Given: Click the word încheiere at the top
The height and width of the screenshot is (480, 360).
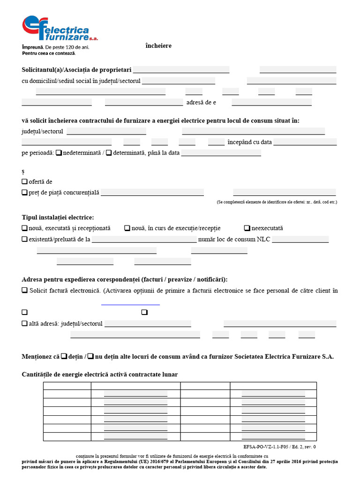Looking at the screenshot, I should tap(158, 46).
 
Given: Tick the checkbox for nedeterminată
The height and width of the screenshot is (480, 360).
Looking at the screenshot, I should tap(59, 153).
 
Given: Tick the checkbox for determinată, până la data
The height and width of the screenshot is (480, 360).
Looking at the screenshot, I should tap(109, 153).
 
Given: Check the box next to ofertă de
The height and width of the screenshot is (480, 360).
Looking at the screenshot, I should tap(24, 181).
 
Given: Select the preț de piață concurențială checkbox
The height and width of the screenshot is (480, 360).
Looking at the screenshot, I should tap(24, 192).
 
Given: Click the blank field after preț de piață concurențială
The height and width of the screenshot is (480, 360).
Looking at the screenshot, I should tap(152, 192).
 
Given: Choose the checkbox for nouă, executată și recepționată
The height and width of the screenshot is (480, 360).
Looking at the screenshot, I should tap(24, 228).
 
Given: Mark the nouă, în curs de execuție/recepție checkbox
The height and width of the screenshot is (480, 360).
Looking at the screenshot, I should tap(127, 228).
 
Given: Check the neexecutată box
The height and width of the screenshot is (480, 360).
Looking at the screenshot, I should tap(247, 228).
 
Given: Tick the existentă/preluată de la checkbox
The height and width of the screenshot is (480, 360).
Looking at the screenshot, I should tap(24, 239).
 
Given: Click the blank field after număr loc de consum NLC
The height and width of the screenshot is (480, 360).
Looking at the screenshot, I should tap(300, 240).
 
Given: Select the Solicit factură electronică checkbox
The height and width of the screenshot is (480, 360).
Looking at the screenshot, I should tap(24, 291).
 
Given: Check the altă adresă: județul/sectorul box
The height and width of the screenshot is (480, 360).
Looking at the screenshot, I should tap(24, 323).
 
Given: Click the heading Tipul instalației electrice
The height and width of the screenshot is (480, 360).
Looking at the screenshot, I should tap(58, 217).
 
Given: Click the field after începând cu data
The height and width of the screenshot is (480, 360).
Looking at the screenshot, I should tap(305, 142).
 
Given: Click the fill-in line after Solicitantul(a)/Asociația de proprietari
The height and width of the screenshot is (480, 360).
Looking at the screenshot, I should tap(181, 70).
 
